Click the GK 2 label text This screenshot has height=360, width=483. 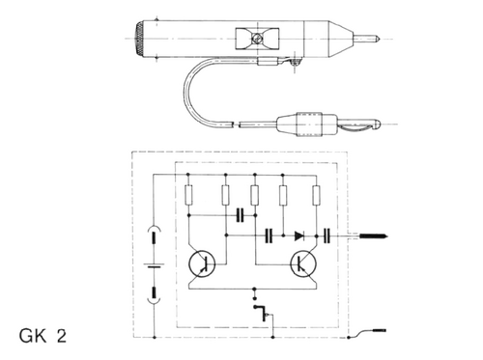coord(43,336)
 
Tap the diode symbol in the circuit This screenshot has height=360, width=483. coord(299,236)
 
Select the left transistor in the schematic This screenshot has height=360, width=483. coord(202,264)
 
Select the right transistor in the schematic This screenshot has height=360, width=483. coord(303,264)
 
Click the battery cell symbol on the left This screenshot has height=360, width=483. coord(154,265)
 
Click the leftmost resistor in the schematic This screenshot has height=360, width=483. coord(189,195)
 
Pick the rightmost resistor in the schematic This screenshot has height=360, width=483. coord(317,195)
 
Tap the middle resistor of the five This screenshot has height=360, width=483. coord(255,195)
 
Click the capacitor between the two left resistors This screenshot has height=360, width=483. coord(241,215)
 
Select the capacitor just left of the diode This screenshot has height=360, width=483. coord(269,235)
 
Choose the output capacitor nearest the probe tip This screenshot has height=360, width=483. coord(327,235)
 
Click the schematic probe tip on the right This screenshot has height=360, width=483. coord(374,236)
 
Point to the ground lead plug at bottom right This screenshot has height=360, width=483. coord(379,330)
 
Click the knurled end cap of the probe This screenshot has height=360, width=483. coord(139,39)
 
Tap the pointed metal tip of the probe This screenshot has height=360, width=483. coord(367,39)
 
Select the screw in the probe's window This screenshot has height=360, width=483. coord(257,39)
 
